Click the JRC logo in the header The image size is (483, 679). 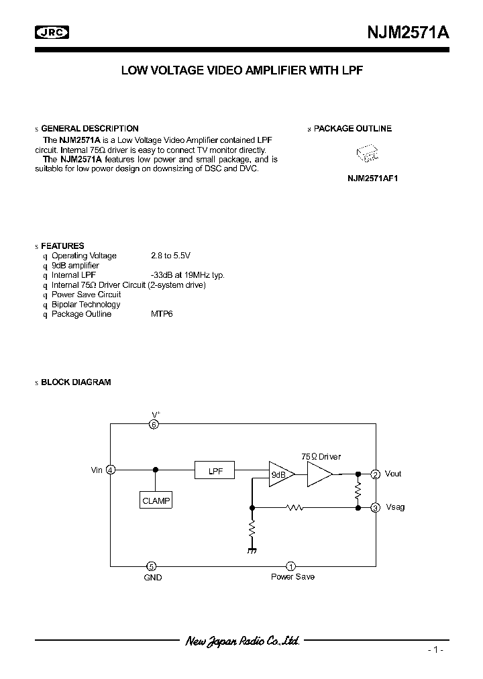(x=52, y=32)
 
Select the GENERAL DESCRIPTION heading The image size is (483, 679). (x=90, y=128)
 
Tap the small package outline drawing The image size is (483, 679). (x=368, y=154)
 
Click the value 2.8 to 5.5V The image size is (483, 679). (x=170, y=256)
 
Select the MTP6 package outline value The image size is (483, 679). (x=162, y=314)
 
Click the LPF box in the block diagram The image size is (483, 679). (x=215, y=471)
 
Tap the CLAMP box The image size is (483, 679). (x=156, y=501)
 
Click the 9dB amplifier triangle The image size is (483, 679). (x=280, y=474)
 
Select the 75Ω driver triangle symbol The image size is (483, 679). (x=319, y=474)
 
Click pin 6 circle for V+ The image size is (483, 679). (x=154, y=424)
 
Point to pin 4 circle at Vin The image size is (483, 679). (x=111, y=470)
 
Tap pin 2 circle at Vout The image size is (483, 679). (x=376, y=474)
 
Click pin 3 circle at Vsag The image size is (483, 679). (x=376, y=507)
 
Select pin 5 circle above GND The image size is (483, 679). (x=153, y=566)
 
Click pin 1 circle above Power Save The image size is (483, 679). (x=291, y=566)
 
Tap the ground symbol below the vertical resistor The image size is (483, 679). (x=253, y=550)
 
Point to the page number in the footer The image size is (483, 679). (x=435, y=650)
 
